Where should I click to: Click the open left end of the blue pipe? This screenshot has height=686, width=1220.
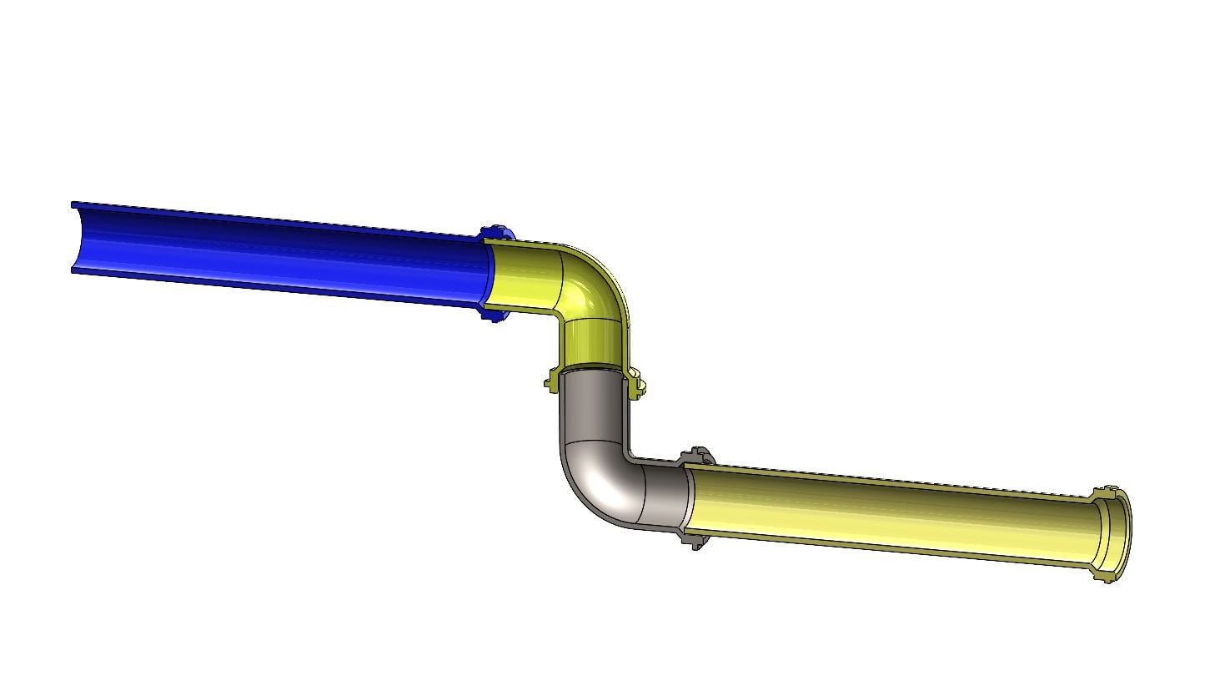(x=77, y=239)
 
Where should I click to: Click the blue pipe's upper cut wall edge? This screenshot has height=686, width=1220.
(x=275, y=219)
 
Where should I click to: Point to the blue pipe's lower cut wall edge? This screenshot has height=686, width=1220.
(x=275, y=288)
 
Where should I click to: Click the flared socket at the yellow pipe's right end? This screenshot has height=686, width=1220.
(x=1113, y=534)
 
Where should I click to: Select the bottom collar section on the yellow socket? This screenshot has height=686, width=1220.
(x=1105, y=574)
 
